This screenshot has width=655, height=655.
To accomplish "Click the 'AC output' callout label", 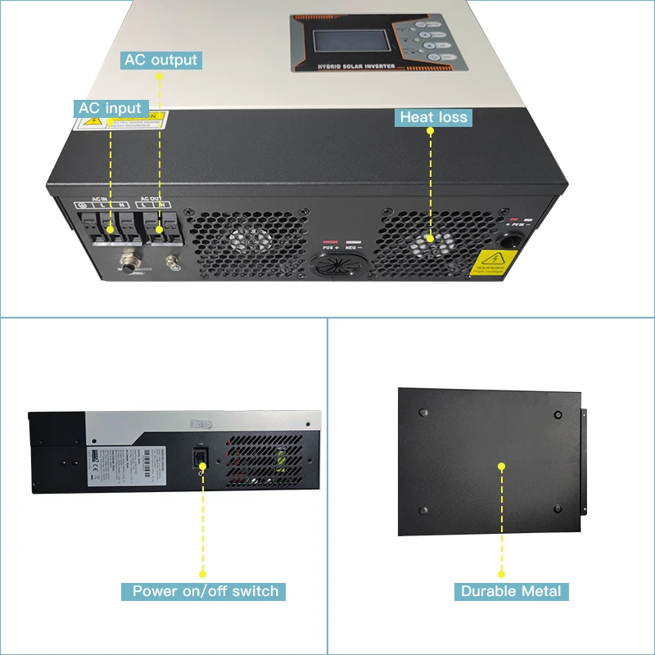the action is point(160,60).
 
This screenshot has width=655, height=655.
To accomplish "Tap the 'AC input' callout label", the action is point(110,108).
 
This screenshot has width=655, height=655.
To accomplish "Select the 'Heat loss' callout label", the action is point(433,118).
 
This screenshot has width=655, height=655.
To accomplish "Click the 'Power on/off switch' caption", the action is point(206,591).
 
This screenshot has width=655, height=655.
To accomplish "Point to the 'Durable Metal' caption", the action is point(511,591).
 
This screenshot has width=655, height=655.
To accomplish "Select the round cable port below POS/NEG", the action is point(334,269).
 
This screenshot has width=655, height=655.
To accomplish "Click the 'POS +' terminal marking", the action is point(330,247).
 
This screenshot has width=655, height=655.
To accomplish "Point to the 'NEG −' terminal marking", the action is point(355,247).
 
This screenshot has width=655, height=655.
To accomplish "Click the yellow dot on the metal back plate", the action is point(501,466).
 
